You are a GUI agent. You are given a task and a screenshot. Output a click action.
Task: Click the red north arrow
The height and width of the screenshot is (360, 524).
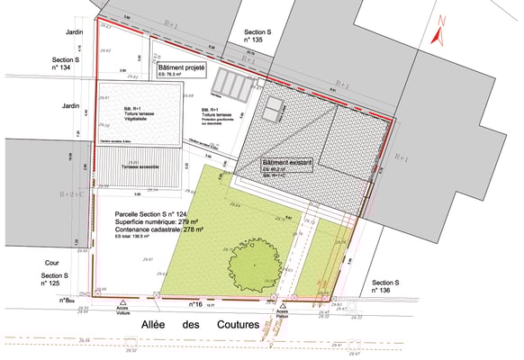(438, 30)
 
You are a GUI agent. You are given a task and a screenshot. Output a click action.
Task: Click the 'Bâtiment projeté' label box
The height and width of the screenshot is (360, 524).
(182, 70)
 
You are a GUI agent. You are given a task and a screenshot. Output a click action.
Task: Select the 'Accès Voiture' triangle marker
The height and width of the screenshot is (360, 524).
(122, 301)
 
